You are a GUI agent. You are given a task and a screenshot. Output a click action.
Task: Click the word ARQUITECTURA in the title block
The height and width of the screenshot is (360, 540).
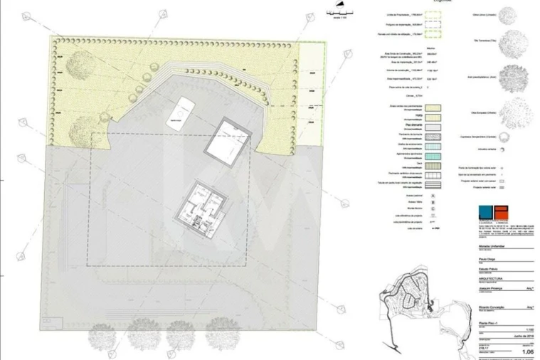[483, 279]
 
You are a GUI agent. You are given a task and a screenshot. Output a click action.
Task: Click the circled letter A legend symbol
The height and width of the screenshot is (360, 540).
[413, 192]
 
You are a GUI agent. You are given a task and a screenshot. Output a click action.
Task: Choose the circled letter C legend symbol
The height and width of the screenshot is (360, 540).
[413, 206]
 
